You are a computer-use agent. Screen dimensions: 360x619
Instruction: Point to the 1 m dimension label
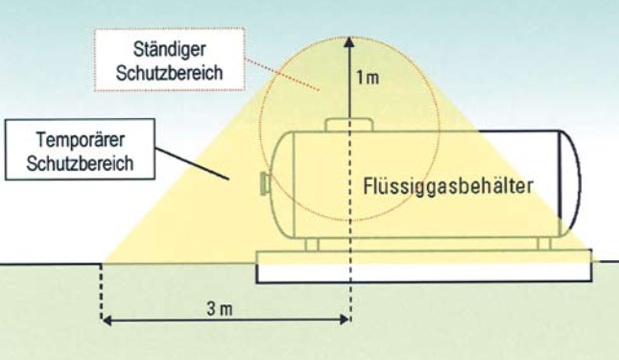point(368,77)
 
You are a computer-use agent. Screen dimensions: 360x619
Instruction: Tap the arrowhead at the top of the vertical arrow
point(350,42)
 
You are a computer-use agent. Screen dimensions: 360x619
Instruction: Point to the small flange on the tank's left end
point(265,182)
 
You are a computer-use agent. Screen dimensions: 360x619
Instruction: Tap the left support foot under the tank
point(311,244)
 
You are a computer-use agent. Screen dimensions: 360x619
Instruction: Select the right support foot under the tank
point(543,244)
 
